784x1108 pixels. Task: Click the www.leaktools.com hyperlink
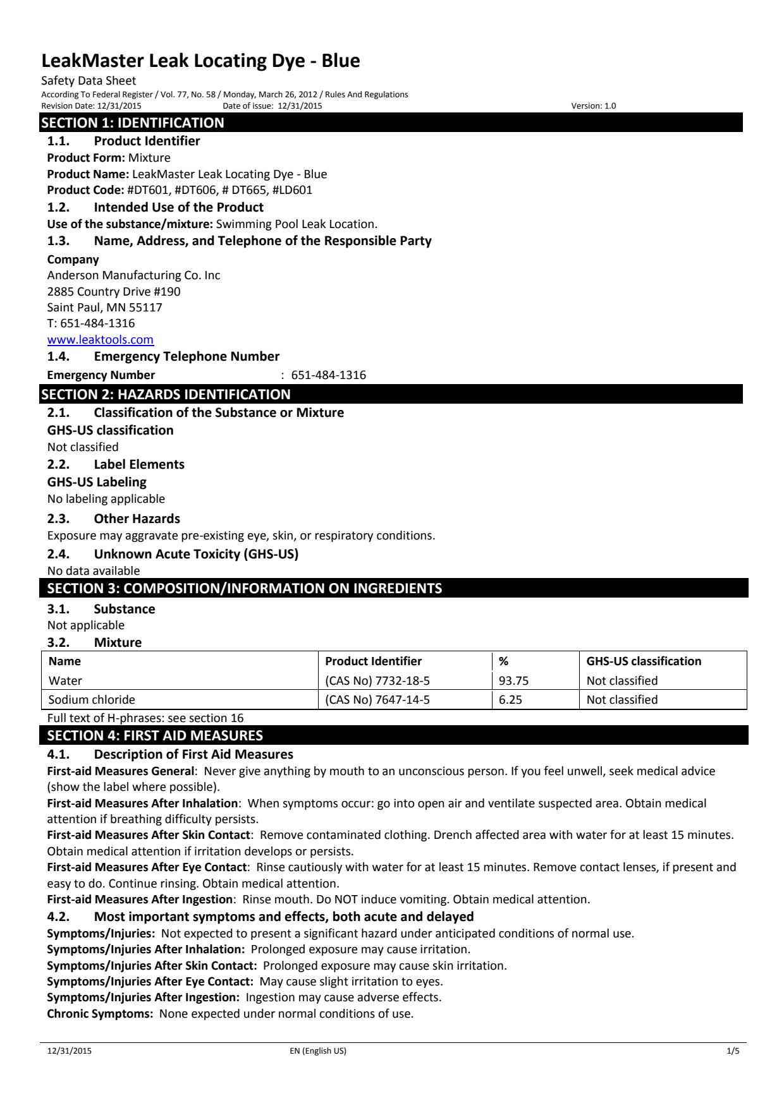click(100, 340)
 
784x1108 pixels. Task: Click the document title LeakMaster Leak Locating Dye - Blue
click(200, 61)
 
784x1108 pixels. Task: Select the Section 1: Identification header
click(133, 123)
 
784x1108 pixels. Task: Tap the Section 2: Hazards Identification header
click(166, 394)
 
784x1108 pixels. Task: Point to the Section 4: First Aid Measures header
click(155, 735)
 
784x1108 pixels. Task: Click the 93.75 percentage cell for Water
click(513, 681)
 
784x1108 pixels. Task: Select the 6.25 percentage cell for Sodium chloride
click(510, 700)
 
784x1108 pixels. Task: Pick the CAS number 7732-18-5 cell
click(377, 681)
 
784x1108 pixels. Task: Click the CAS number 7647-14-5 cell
click(377, 700)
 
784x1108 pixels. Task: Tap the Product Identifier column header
click(373, 661)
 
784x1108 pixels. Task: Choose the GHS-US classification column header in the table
click(644, 661)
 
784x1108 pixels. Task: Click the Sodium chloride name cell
click(92, 700)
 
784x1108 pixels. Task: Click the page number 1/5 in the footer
click(733, 1051)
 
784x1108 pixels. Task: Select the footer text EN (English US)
click(314, 1051)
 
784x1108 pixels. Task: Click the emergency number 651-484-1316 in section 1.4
click(328, 375)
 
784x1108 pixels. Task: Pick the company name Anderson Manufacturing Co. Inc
click(133, 275)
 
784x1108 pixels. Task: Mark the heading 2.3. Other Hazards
click(114, 519)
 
